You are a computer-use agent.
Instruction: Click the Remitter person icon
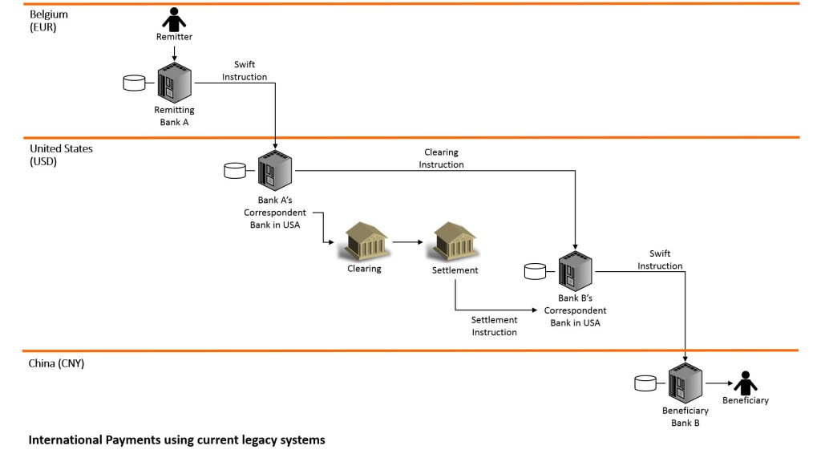click(174, 19)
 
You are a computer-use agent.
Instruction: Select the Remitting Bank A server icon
click(175, 83)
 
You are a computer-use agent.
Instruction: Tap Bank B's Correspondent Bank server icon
click(576, 271)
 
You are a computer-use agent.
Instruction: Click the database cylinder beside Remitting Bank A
click(132, 83)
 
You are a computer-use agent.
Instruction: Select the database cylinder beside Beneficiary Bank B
click(645, 383)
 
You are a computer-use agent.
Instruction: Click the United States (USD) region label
click(61, 155)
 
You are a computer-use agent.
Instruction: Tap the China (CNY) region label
click(57, 363)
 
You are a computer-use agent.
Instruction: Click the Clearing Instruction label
click(442, 158)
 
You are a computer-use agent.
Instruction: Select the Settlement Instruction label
click(494, 326)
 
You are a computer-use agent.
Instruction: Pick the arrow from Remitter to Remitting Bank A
click(175, 53)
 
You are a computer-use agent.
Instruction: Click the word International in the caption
click(64, 440)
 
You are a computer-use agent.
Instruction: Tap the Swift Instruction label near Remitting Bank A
click(250, 71)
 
